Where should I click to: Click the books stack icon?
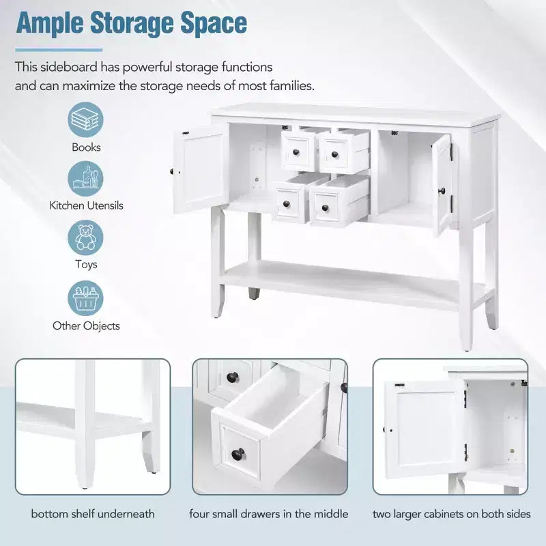click(x=85, y=119)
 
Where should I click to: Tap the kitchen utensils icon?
click(x=85, y=179)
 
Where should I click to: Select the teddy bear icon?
click(x=85, y=238)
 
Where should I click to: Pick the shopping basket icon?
click(x=85, y=298)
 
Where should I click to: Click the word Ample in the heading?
click(x=49, y=24)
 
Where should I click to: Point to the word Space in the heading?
click(x=214, y=24)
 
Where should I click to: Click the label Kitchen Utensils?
click(x=86, y=205)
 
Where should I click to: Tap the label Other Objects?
click(x=86, y=326)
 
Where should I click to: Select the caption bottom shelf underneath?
click(x=93, y=514)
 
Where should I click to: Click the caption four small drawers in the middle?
click(x=268, y=514)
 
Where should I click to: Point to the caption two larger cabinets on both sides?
click(x=452, y=514)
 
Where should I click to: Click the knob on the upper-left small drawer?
click(x=296, y=152)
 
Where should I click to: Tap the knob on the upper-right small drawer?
click(x=334, y=154)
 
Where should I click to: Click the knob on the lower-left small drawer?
click(x=287, y=203)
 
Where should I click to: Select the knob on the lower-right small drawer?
click(x=326, y=208)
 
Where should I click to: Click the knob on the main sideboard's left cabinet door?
click(x=172, y=171)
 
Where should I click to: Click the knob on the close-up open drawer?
click(x=238, y=454)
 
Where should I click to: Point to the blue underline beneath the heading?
click(x=59, y=50)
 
